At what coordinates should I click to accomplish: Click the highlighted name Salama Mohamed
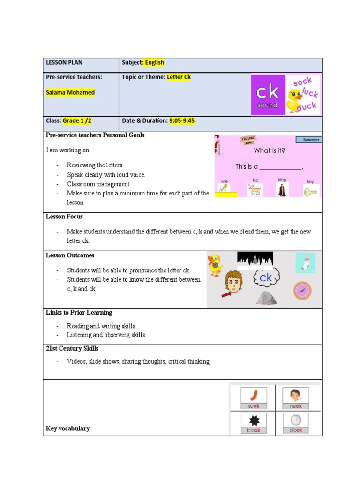point(70,92)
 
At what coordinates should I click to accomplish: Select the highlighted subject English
point(154,62)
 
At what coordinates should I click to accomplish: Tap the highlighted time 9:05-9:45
point(182,120)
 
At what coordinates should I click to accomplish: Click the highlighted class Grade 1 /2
point(77,120)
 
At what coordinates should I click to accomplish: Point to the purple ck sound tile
point(267,95)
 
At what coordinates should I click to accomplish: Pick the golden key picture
point(310,192)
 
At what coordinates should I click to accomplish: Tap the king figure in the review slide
point(282,190)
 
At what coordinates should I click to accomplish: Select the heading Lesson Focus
point(64,217)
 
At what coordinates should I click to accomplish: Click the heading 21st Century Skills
point(72,348)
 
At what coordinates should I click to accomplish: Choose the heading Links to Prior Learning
point(79,312)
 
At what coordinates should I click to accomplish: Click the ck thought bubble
point(266,278)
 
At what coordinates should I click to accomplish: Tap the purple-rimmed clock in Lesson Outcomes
point(302,291)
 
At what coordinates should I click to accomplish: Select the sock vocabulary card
point(254,398)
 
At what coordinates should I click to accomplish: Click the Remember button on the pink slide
point(308,139)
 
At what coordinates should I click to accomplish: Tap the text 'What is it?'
point(270,150)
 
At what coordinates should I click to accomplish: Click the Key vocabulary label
point(67,428)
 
